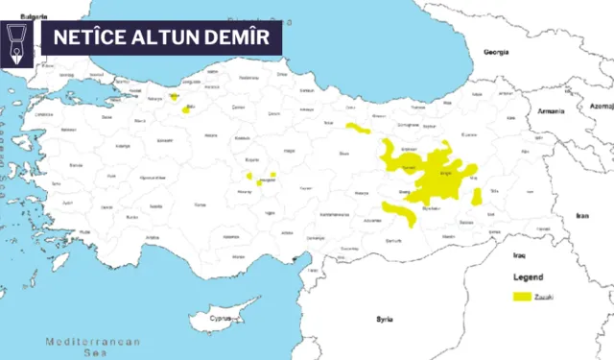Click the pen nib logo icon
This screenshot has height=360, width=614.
[x=20, y=39]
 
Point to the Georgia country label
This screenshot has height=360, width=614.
[x=495, y=52]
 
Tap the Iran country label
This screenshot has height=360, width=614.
[x=581, y=217]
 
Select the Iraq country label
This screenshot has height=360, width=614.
[x=520, y=256]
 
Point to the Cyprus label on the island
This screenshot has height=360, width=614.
[x=224, y=317]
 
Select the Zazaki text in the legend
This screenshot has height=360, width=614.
[x=546, y=297]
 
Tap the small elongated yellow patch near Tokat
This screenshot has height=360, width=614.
[x=358, y=128]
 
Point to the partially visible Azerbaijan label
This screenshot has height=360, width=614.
[x=602, y=106]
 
